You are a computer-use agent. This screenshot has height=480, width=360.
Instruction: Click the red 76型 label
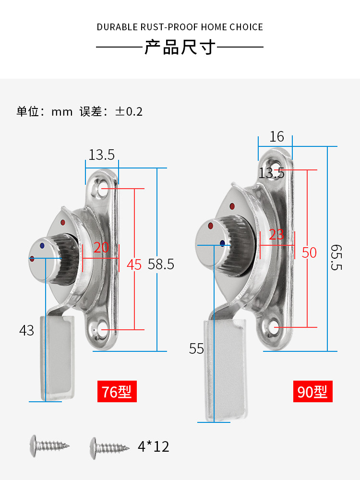click(x=118, y=392)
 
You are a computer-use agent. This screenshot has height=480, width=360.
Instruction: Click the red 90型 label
click(x=312, y=392)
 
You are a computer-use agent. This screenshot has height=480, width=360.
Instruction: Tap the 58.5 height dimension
click(x=161, y=264)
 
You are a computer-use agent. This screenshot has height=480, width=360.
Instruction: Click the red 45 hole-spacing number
click(x=134, y=264)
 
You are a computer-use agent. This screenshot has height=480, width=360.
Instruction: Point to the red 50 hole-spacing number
click(x=309, y=252)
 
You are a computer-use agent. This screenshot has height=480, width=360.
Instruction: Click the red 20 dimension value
click(x=101, y=247)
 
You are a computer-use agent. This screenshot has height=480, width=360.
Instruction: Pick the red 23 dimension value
click(x=276, y=235)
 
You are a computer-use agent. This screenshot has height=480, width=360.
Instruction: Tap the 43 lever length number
click(x=27, y=330)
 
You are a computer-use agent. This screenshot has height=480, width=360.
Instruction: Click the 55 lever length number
click(x=196, y=349)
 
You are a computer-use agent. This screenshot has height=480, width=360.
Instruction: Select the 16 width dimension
click(x=276, y=137)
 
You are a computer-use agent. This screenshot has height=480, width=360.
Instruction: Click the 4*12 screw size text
click(x=154, y=447)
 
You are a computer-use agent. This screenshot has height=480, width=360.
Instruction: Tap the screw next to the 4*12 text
click(x=110, y=446)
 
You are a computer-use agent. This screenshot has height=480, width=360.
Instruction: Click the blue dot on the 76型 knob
click(x=42, y=245)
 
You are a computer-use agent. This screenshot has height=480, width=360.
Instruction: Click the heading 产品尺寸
click(x=180, y=48)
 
